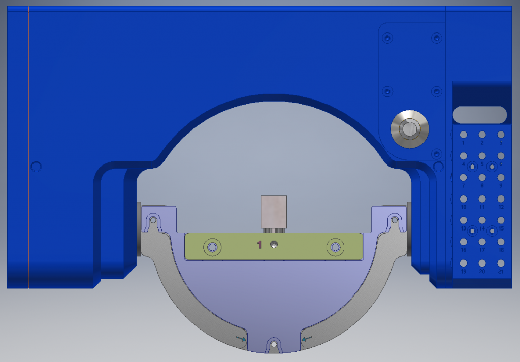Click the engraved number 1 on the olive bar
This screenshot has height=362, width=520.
259,245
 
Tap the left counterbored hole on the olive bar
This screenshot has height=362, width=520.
212,247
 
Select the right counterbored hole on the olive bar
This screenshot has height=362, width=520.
335,247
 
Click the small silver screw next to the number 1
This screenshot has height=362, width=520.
275,245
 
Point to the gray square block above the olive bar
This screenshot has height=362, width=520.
274,211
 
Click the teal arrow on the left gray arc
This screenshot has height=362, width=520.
241,338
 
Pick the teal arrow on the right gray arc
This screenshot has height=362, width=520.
307,337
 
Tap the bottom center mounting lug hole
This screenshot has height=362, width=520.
274,345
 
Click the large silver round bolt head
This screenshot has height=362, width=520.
409,129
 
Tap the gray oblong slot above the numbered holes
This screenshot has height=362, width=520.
480,115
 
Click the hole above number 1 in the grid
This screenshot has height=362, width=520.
463,135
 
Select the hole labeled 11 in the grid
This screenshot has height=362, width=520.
482,199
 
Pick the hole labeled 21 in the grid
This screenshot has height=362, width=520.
501,263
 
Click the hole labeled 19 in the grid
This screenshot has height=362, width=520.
463,263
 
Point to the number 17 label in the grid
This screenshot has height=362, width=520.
482,250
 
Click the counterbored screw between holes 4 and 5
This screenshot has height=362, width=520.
472,167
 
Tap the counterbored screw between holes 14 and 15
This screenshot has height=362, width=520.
492,231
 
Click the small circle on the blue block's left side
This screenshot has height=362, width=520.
36,166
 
